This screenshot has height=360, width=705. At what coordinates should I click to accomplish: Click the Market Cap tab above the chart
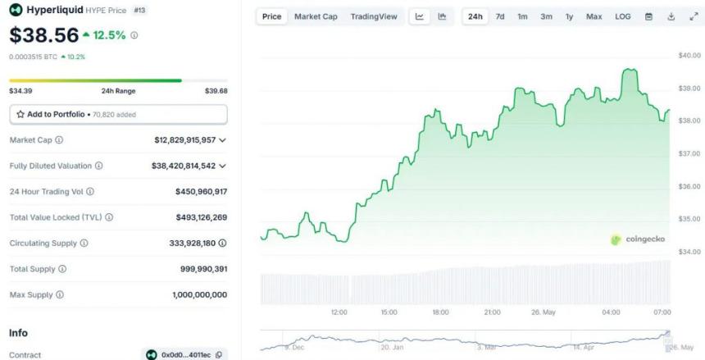[316, 16]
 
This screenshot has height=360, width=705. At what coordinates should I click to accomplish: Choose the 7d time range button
[500, 16]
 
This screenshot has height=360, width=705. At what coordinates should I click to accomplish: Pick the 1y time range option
[569, 16]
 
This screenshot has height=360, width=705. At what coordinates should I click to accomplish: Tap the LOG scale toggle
[623, 16]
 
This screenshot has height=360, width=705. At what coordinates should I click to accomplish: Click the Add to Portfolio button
[118, 114]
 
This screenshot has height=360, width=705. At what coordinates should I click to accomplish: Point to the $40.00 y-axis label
[689, 56]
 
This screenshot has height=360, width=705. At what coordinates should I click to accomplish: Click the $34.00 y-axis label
[689, 251]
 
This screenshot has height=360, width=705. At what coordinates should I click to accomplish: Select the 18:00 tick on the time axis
[440, 312]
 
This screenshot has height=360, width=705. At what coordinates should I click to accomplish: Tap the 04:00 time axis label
[611, 312]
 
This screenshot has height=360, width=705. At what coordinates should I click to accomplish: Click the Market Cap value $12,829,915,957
[184, 140]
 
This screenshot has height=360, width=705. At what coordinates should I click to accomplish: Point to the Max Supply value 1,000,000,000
[199, 294]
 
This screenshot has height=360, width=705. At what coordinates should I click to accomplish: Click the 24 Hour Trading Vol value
[201, 191]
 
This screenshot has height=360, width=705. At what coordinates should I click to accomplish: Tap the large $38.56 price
[44, 35]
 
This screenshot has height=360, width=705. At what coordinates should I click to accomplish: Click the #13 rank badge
[139, 10]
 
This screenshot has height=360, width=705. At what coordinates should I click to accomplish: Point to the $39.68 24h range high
[216, 91]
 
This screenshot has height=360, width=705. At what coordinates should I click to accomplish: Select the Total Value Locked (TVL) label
[61, 217]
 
